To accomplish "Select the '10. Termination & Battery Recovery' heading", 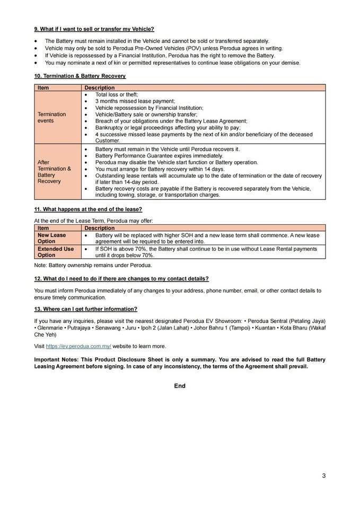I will [x=80, y=76].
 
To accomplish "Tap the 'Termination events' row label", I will [x=52, y=117].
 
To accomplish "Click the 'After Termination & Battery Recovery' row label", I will [x=54, y=172].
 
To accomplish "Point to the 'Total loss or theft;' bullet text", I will [x=117, y=94].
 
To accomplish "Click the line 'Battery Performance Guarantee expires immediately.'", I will [x=159, y=156].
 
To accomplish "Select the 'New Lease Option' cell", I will [x=52, y=238].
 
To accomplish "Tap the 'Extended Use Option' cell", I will [x=56, y=252].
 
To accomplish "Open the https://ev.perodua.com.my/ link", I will [x=78, y=346].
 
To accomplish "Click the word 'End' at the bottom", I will [x=180, y=386].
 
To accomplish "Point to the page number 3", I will [x=323, y=476].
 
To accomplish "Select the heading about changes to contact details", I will [x=121, y=279].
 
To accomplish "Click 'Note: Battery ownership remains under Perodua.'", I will [x=93, y=265].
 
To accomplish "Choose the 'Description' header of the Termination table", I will [x=100, y=87].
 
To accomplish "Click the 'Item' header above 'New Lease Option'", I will [x=43, y=228].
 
